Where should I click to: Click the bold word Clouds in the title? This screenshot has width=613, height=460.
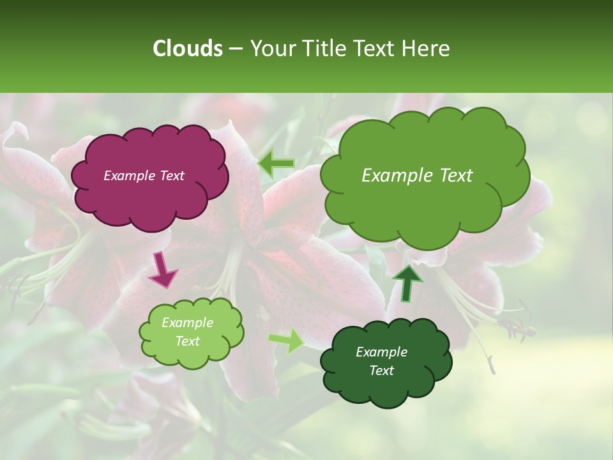coord(187,49)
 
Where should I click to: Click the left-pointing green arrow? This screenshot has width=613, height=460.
coord(276,165)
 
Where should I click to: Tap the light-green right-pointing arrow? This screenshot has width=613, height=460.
coord(287,341)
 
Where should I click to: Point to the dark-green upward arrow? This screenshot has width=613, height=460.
coord(407,282)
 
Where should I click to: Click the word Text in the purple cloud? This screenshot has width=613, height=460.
coord(171,176)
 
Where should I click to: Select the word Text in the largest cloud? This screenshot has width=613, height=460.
coord(456,176)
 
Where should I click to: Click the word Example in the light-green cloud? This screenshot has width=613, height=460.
coord(187,323)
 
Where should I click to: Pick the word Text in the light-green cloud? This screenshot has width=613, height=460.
coord(187,341)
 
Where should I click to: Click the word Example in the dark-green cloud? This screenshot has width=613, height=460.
coord(381,352)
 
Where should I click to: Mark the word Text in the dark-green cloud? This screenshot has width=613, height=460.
coord(381,371)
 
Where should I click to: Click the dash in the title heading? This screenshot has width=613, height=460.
coord(236,49)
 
